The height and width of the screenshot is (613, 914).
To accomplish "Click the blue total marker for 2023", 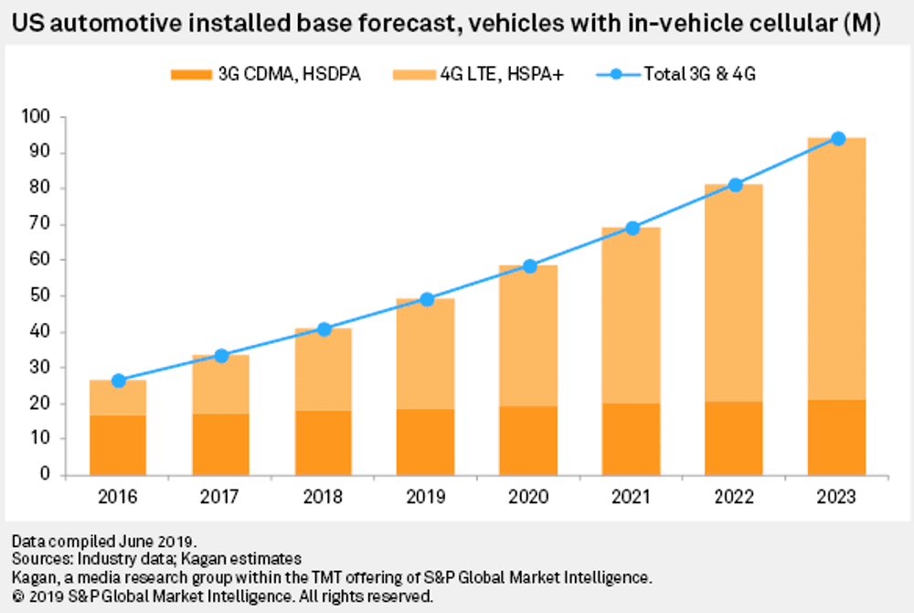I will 837,138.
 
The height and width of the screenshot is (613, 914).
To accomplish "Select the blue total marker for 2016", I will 118,381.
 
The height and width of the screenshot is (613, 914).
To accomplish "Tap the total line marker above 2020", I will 528,266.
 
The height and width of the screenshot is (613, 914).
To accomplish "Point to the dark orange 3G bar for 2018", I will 323,443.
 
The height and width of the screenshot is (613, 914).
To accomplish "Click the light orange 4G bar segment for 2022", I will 734,293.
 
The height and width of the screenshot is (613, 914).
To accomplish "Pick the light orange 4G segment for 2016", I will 118,398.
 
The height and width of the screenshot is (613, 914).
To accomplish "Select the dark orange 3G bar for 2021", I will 632,439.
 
